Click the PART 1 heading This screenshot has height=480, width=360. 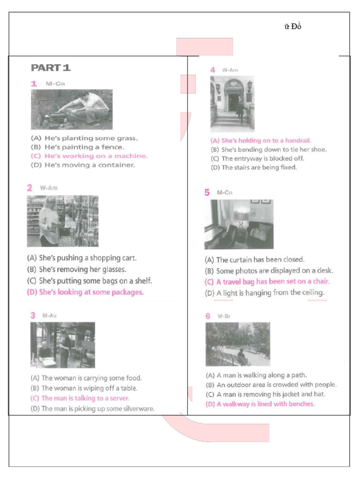[51, 68]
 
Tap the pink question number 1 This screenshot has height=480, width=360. [34, 84]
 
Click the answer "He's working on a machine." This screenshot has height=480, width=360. [89, 156]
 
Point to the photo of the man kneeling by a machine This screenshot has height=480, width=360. [72, 110]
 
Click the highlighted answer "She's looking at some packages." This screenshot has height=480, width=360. [85, 292]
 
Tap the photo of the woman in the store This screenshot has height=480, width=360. [62, 221]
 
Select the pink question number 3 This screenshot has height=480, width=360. [33, 315]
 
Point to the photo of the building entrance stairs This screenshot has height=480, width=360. [232, 104]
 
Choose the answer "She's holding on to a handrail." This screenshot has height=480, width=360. [261, 141]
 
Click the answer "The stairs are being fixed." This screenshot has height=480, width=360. [254, 167]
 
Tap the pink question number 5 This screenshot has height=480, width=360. [207, 193]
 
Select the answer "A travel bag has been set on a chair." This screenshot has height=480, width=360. [267, 282]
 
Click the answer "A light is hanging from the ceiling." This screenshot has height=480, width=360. [264, 293]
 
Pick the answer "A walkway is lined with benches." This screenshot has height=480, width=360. [260, 404]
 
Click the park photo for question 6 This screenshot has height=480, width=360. [238, 344]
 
